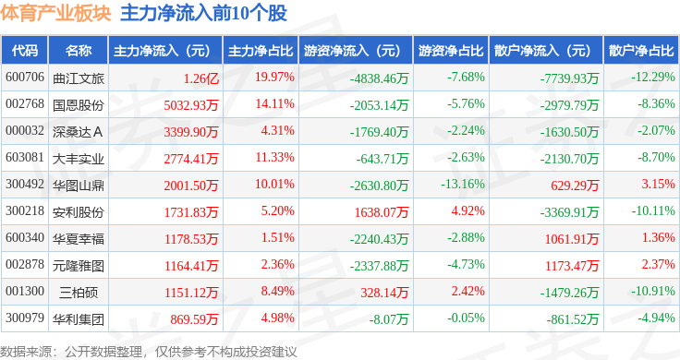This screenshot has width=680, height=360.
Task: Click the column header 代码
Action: coord(26,50)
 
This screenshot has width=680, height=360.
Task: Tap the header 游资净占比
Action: coord(449,50)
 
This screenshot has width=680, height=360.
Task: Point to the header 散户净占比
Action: coord(640,50)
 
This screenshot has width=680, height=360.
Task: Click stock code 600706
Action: coord(25,77)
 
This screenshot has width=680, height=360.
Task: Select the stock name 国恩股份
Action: coord(78,103)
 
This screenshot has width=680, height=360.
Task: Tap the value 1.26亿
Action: coord(200,77)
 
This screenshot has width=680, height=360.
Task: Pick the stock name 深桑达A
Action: coord(78,130)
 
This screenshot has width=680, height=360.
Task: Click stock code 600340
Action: coord(25,238)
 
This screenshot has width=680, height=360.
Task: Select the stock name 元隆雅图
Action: coord(78,265)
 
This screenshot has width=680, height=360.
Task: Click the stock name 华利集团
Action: coord(78,319)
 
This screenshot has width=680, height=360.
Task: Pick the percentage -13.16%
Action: coord(462,184)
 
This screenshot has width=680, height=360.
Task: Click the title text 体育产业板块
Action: coord(55,14)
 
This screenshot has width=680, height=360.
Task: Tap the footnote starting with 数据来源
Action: coord(148,351)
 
